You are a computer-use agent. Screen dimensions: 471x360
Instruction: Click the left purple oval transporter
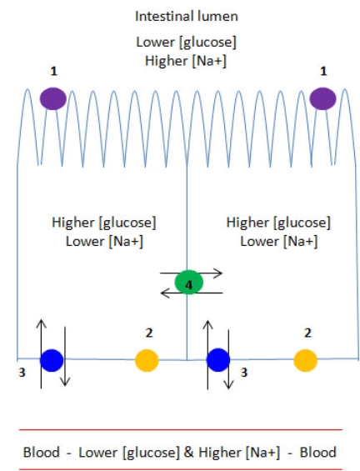pyautogui.click(x=52, y=99)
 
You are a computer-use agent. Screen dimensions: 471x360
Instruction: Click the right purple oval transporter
pyautogui.click(x=322, y=99)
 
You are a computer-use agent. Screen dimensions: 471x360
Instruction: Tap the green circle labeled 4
pyautogui.click(x=189, y=283)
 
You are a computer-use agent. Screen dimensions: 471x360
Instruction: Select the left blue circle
pyautogui.click(x=52, y=360)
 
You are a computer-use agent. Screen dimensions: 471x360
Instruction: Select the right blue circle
pyautogui.click(x=218, y=360)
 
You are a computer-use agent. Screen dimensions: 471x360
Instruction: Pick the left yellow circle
pyautogui.click(x=147, y=360)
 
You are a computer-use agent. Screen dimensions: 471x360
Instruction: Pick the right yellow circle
pyautogui.click(x=305, y=360)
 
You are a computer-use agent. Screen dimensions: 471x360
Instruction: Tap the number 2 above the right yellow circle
pyautogui.click(x=308, y=333)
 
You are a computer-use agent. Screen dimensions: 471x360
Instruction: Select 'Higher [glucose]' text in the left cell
pyautogui.click(x=103, y=223)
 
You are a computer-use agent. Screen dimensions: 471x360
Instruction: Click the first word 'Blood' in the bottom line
pyautogui.click(x=41, y=452)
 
